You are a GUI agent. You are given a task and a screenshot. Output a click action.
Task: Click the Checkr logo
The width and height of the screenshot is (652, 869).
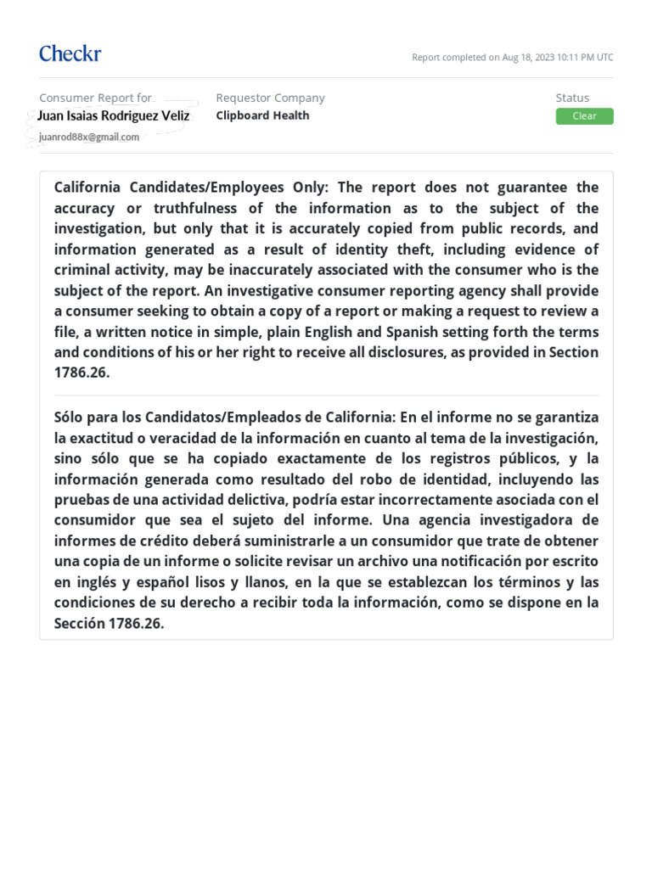70,54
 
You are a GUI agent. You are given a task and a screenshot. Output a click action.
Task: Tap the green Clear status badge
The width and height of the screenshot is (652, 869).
584,116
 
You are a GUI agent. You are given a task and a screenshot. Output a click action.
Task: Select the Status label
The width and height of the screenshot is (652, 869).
572,98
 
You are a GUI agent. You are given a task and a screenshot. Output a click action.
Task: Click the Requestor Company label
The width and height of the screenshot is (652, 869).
270,98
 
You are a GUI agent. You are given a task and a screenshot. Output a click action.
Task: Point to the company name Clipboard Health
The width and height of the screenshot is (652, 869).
262,115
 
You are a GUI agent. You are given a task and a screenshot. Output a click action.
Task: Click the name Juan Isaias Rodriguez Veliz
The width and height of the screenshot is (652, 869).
114,116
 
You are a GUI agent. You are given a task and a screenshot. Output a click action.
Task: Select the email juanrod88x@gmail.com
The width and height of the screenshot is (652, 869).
89,137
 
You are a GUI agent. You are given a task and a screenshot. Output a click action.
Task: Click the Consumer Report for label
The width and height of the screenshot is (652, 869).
95,98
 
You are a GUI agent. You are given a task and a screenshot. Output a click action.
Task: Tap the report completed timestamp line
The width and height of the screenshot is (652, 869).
512,58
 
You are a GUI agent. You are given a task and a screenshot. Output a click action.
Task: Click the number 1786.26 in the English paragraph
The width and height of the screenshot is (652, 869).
81,373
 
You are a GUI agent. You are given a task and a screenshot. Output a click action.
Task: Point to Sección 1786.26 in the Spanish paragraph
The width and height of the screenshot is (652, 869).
109,623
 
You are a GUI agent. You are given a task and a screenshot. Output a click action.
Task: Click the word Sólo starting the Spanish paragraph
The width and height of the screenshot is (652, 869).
70,418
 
